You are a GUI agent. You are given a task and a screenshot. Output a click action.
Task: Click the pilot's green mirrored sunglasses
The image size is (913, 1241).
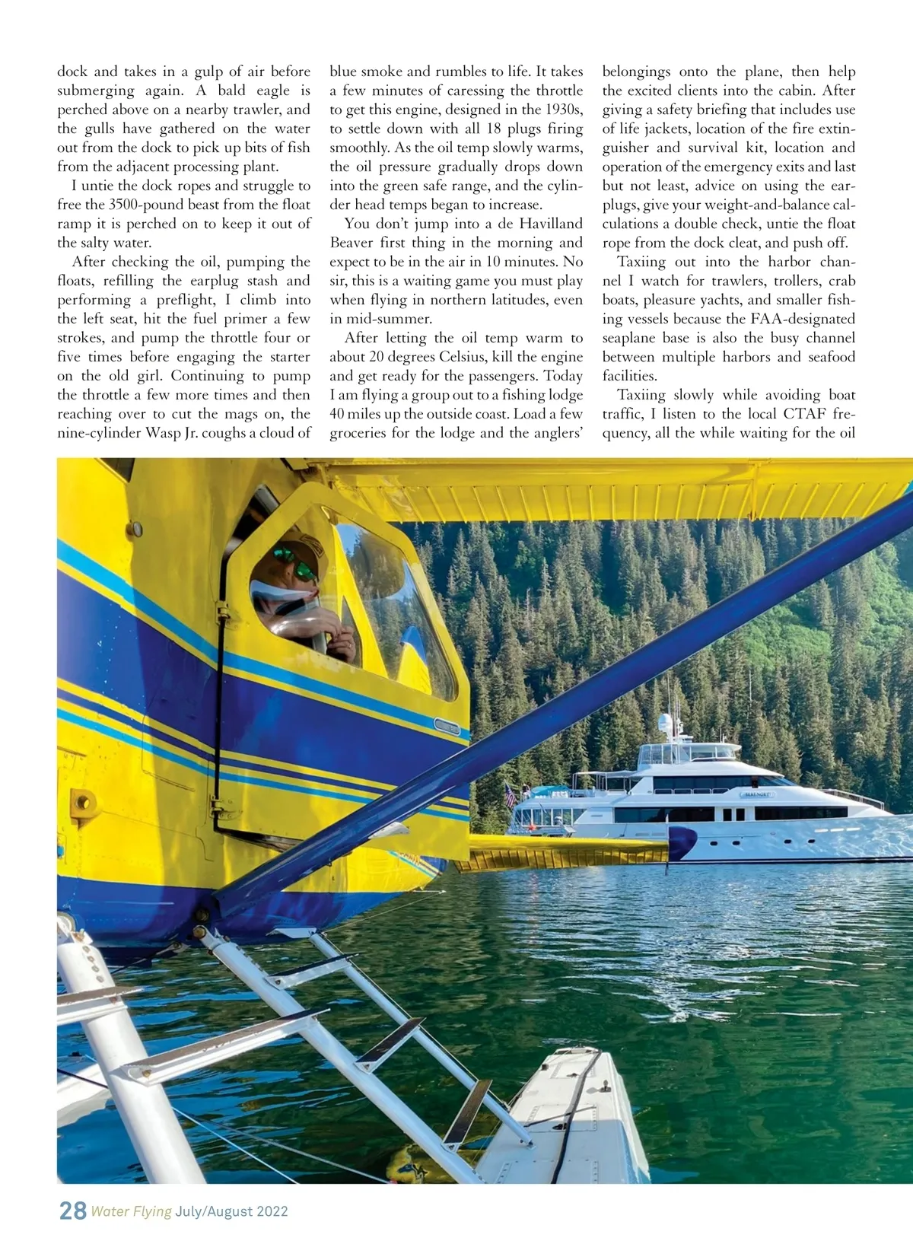(x=295, y=564)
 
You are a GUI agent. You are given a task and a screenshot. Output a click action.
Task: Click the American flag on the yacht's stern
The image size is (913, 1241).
(x=509, y=795)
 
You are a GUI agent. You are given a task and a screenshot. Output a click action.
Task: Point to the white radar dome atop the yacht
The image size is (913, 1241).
(x=666, y=722)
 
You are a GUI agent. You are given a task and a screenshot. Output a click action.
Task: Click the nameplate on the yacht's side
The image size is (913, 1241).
(x=756, y=794)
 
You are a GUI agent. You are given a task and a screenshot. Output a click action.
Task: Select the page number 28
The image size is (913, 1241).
(x=73, y=1211)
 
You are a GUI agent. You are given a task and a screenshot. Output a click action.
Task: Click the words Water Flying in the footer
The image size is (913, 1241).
(x=131, y=1211)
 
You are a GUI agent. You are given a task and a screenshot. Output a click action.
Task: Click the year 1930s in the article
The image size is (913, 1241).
(x=564, y=110)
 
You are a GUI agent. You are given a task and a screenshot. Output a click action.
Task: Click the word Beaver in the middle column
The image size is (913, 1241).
(x=352, y=243)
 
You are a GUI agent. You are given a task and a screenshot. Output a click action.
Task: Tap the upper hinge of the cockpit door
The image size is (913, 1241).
(x=222, y=612)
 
